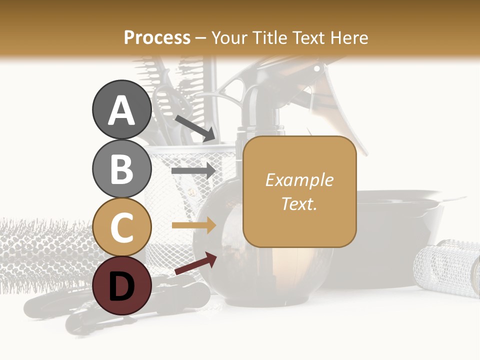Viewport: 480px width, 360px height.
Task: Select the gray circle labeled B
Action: [122, 168]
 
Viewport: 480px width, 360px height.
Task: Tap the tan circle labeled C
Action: [122, 227]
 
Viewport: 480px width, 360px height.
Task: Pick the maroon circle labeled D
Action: [122, 285]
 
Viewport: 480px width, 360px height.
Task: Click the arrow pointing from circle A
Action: [195, 127]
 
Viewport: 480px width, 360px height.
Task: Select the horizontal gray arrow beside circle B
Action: [193, 170]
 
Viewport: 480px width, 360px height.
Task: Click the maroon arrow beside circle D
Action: [195, 264]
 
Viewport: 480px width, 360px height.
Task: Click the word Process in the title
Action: [157, 37]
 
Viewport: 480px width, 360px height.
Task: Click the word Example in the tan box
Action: [299, 180]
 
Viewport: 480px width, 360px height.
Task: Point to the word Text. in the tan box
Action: [299, 203]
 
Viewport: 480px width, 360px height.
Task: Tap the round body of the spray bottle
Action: [225, 260]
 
